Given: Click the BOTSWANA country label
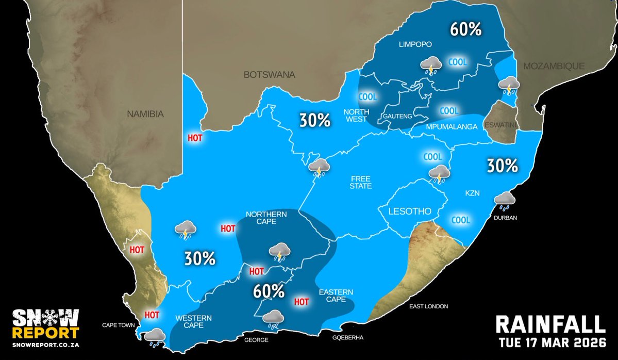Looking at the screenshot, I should pos(270,75).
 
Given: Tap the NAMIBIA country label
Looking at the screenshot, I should pos(145,114).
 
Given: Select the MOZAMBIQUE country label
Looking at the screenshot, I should pos(554,66).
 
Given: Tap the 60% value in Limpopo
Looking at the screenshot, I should pos(465,29).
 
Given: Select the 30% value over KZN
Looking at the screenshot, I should pos(502,166).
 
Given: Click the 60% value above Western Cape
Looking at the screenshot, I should pos(269,291).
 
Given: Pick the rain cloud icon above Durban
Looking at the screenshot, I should pos(505,200).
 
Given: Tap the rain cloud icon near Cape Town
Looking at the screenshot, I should pos(155,337).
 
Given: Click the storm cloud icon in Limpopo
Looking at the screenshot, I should pos(430,66).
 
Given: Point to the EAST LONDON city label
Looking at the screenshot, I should pos(429,306).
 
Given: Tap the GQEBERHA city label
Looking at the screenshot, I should pos(348,338).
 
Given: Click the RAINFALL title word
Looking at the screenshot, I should pos(550,324).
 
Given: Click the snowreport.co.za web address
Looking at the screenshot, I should pos(45,343).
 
